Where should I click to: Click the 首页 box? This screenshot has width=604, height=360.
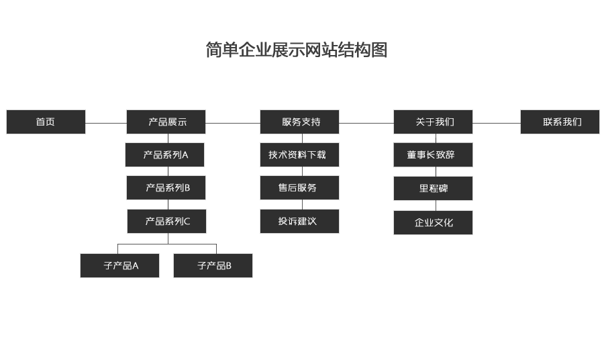tap(46, 122)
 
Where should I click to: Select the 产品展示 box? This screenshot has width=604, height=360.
tap(166, 122)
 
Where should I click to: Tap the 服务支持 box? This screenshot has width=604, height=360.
tap(299, 122)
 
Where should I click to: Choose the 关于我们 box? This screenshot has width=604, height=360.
tap(433, 122)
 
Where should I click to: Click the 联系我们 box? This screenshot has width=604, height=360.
tap(560, 122)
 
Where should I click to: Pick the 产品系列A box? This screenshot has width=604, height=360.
tap(164, 154)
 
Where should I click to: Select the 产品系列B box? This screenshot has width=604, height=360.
tap(166, 187)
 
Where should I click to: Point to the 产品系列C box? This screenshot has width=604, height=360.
tap(166, 221)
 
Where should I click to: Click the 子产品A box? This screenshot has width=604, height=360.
tap(119, 265)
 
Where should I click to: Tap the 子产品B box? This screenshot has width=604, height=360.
tap(213, 265)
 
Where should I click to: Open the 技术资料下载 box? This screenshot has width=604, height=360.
tap(299, 154)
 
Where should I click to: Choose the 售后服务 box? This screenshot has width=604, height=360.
tap(299, 187)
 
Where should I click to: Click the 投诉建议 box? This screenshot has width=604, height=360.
tap(299, 221)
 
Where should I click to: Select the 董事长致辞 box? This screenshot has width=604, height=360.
tap(433, 154)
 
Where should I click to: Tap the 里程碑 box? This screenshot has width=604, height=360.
tap(433, 188)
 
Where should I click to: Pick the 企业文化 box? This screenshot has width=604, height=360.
tap(433, 222)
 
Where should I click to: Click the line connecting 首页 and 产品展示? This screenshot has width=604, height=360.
tap(106, 123)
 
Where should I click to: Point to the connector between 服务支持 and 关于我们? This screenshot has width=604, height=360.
tap(366, 123)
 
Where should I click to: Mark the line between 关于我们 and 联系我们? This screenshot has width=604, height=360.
tap(497, 123)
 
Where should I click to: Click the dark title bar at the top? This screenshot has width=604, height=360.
tap(315, 49)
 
